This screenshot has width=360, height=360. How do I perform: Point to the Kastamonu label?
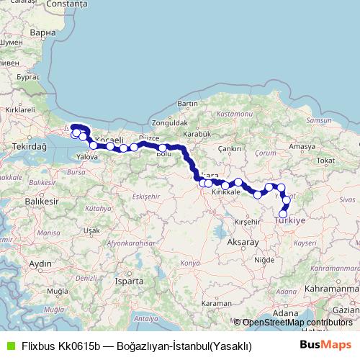coord(235,114)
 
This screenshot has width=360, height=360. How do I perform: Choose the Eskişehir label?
coord(146,196)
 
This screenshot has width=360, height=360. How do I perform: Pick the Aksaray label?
coord(242,243)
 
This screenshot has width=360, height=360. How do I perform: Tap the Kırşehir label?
coord(247,223)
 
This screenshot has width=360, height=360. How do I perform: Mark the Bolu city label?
coord(164,153)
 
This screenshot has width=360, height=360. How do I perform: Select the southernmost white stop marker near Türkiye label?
coord(283,214)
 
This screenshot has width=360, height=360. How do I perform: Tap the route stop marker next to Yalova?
coord(94,145)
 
